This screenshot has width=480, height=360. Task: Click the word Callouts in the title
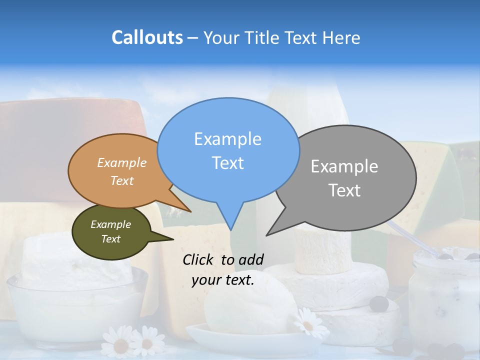click(147, 37)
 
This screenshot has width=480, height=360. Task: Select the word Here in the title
click(342, 37)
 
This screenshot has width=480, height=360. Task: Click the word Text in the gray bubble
click(344, 190)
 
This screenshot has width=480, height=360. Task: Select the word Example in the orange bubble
click(122, 162)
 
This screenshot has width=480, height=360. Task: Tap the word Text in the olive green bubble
click(111, 239)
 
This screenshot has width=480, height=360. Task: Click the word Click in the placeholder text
click(198, 259)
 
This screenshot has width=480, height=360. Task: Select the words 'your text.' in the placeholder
click(223, 280)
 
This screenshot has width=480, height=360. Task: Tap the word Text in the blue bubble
click(227, 163)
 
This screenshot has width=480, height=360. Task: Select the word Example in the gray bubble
click(344, 166)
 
